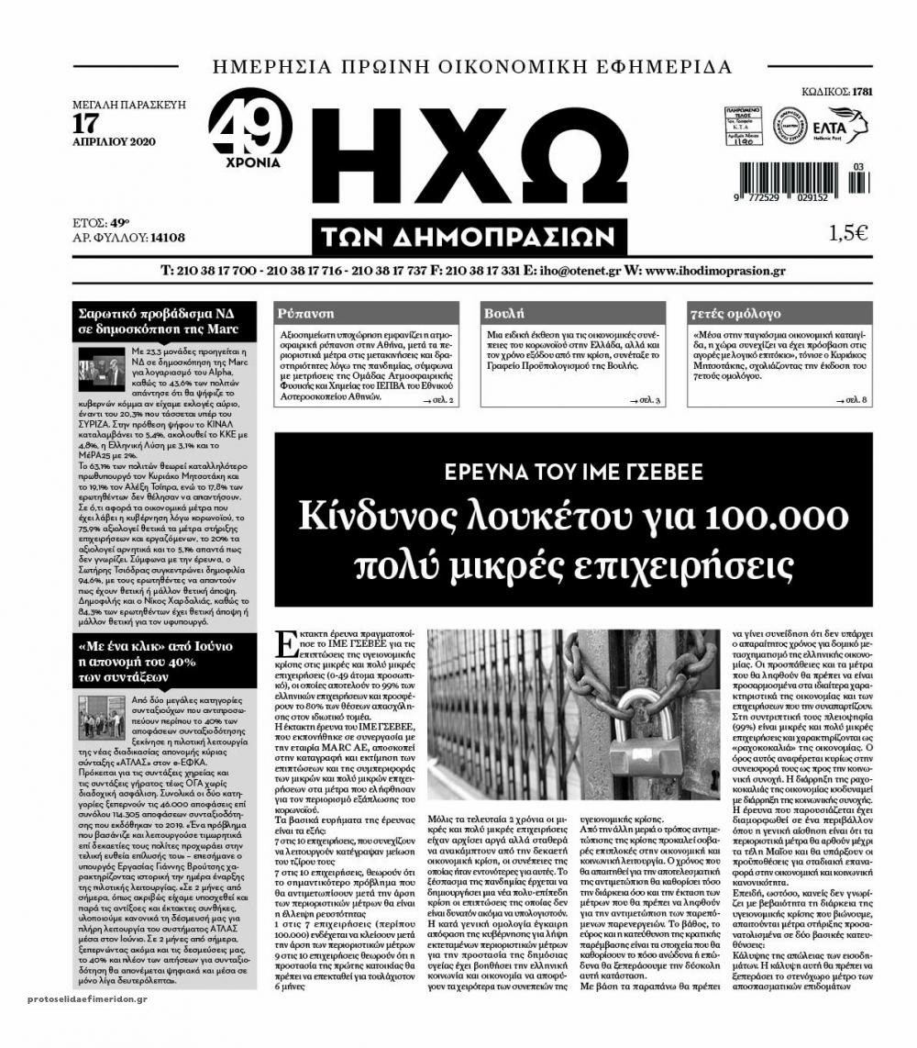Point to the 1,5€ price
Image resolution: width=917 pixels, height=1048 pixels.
[x=847, y=233]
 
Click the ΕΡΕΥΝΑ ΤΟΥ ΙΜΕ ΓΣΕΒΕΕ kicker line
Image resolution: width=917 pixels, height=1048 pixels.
[x=574, y=473]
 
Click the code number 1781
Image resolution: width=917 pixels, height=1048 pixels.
[x=862, y=92]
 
